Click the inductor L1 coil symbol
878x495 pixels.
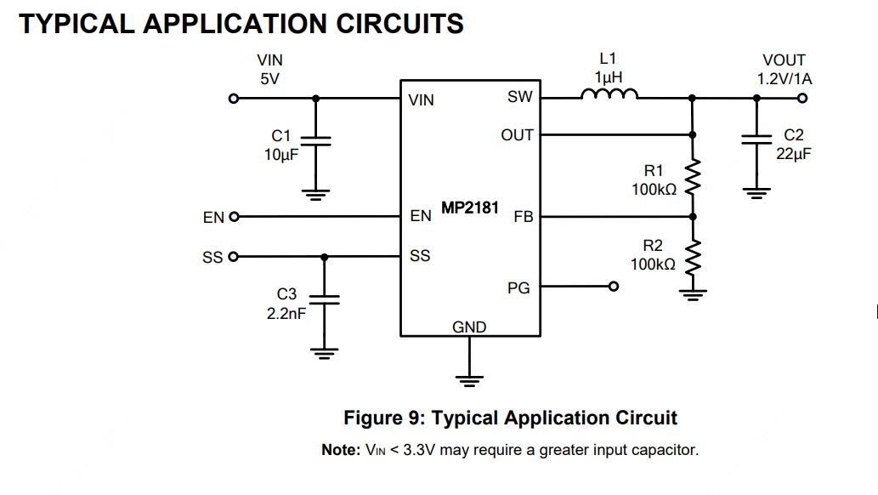pos(609,95)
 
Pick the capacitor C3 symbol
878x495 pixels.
pos(324,299)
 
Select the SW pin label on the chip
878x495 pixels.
pos(520,97)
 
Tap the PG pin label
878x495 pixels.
pos(518,288)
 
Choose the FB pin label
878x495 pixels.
pos(523,217)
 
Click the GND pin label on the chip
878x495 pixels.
pos(469,327)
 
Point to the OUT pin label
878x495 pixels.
pos(517,135)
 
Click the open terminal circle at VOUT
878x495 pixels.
pos(802,98)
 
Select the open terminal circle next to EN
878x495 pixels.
pos(234,217)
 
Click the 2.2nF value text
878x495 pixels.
pos(286,312)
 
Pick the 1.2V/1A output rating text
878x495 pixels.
pos(785,79)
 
